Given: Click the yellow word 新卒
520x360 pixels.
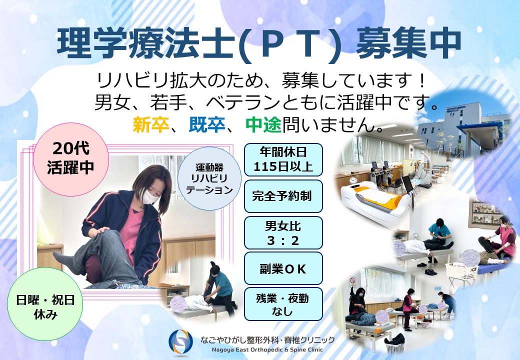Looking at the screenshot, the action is (x=151, y=124).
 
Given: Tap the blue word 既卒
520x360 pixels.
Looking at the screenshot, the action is (x=207, y=124).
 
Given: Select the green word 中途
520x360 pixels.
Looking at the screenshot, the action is (x=263, y=124).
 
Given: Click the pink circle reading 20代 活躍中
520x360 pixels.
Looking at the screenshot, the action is (x=71, y=159).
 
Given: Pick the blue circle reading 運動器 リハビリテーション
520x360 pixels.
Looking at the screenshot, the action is (x=209, y=178).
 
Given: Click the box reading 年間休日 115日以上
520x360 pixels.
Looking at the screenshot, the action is (x=283, y=159).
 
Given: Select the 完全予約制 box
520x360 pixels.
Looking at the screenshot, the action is (x=283, y=196).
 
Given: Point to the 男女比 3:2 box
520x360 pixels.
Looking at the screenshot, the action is (x=283, y=232).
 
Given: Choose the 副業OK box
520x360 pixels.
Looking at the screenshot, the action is (x=283, y=268).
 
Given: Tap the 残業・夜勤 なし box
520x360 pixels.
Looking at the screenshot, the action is (x=283, y=304).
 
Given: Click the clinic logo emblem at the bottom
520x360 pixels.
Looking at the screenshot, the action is (x=180, y=342).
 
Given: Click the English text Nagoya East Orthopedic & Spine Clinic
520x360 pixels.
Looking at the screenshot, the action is (x=267, y=349).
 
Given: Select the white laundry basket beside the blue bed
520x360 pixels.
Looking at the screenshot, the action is (x=461, y=271).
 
